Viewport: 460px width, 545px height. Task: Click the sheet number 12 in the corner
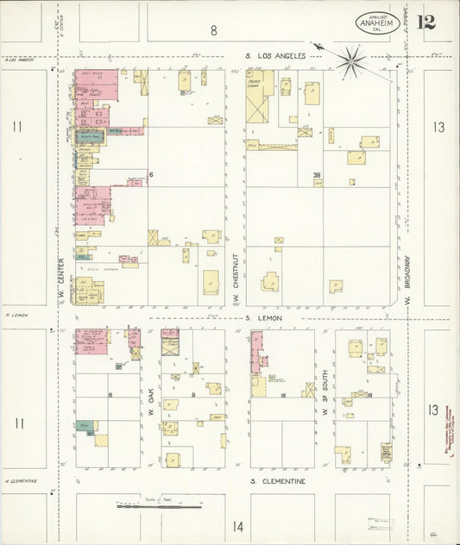tap(425, 22)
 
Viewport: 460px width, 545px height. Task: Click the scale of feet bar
tap(159, 506)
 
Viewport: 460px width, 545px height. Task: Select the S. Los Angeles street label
tap(276, 56)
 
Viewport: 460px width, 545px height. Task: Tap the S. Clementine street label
tap(278, 481)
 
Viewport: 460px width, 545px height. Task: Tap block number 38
tap(317, 175)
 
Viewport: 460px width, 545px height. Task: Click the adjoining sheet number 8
tap(213, 31)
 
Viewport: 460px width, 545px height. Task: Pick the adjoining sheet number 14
tap(237, 526)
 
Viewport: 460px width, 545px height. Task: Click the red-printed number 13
tap(434, 410)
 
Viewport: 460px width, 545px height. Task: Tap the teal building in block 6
tap(91, 136)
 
